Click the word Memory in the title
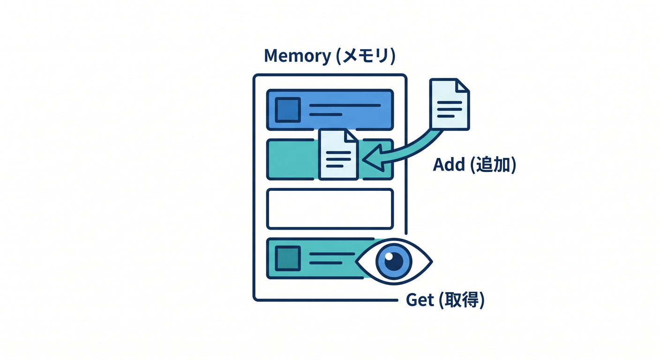coord(298,56)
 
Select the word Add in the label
coord(449,165)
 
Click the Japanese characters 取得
coord(462,300)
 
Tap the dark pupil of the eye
coord(394,262)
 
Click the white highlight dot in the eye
coord(389,256)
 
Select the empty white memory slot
coord(330,209)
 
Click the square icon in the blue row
coord(288,110)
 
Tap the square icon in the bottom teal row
coord(288,258)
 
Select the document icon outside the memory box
coord(450,104)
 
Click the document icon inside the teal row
coord(338,154)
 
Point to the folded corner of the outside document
coord(463,85)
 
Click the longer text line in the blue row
coord(345,105)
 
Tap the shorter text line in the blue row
coord(326,114)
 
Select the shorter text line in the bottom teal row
coord(326,263)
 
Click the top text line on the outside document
coord(450,103)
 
